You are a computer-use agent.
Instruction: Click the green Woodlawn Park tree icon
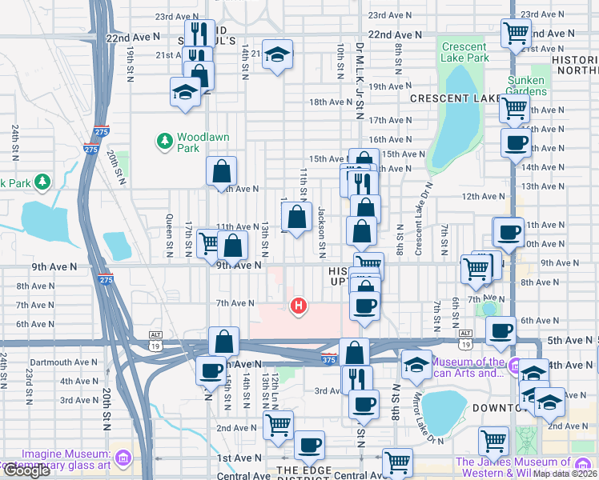click(x=165, y=142)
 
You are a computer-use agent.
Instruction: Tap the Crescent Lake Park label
click(x=465, y=52)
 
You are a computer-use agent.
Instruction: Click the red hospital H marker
click(x=299, y=305)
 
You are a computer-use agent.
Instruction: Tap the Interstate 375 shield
click(x=328, y=355)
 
